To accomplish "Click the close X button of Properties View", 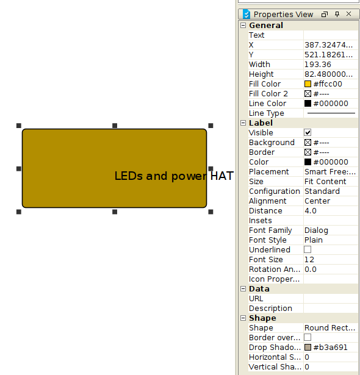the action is pos(349,14).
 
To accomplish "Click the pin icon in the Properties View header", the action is pos(337,15).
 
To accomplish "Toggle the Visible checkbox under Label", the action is pos(308,132).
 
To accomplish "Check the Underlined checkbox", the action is pos(308,249).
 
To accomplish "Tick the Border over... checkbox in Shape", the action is pos(308,337).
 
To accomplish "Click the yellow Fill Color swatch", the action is pos(308,84).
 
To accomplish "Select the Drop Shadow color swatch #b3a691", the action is pos(308,348).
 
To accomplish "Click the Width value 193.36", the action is pos(318,65).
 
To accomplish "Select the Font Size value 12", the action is pos(309,260).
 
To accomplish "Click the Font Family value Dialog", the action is pos(316,230).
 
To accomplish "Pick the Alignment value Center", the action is pos(317,201).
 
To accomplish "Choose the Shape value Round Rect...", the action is pos(329,327).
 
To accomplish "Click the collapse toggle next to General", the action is pos(243,26).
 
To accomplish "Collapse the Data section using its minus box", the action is pos(243,288).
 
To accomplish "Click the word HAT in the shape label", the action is pos(222,176).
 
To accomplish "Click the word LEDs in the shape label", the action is pos(129,176).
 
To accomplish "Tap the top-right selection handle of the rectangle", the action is pos(211,126).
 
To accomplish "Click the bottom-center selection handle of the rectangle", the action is pos(115,212).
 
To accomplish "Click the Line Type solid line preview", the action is pos(331,113).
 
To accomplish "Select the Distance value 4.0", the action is pos(311,211).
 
